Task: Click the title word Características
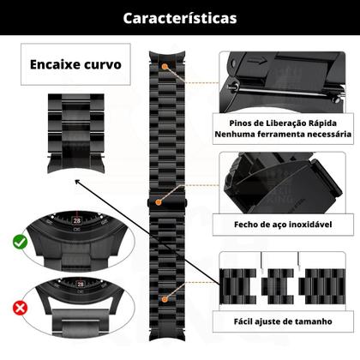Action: (180, 17)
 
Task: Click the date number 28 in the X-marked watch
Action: (79, 281)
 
